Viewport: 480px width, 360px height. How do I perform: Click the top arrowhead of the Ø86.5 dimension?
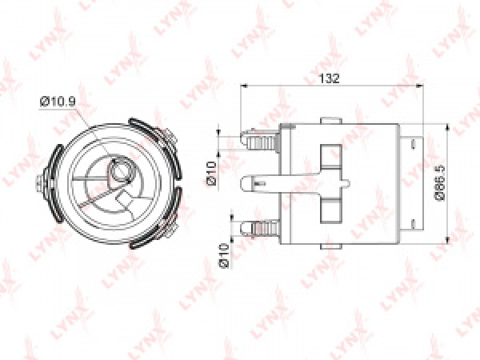[x=447, y=127]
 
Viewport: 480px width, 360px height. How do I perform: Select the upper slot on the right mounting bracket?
[x=413, y=144]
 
